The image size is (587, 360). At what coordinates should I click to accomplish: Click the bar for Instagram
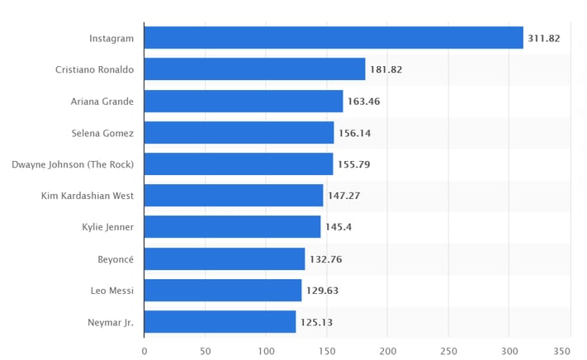334,38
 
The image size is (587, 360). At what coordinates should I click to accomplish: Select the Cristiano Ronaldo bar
254,69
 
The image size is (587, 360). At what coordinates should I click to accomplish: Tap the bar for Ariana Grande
244,102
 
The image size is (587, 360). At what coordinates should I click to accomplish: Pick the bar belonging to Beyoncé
225,259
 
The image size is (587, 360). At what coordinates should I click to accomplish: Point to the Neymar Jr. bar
220,322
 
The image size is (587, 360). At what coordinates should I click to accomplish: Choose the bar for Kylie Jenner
232,227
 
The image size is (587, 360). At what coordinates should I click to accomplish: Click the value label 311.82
544,38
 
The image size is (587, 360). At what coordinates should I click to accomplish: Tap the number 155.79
354,164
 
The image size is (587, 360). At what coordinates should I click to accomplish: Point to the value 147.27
344,196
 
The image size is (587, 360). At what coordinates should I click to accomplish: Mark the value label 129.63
323,291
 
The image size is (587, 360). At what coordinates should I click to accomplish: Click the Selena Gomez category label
102,133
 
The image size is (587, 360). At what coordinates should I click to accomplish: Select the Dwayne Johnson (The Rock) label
73,164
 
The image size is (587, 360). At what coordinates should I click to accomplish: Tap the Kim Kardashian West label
88,196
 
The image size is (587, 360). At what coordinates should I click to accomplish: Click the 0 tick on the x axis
144,351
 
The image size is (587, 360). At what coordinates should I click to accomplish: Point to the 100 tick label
266,351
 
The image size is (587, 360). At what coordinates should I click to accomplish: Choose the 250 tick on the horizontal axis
448,351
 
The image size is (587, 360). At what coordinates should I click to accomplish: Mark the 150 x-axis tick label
327,351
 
